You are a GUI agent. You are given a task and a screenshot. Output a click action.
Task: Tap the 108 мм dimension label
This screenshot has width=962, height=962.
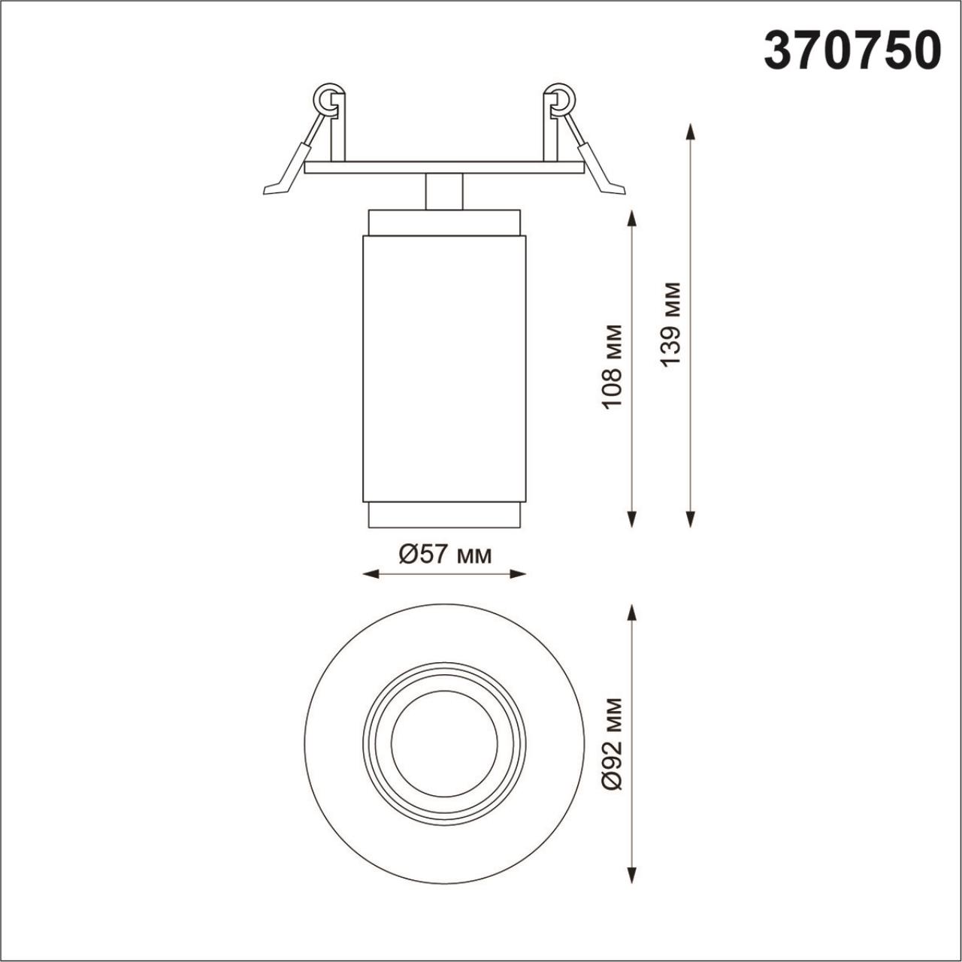[613, 366]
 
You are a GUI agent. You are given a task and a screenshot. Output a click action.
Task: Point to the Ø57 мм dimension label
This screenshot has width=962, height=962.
[444, 555]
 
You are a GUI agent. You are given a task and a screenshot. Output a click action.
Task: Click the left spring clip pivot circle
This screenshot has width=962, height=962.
[327, 97]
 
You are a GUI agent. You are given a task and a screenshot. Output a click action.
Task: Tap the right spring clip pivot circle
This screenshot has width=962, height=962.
[561, 97]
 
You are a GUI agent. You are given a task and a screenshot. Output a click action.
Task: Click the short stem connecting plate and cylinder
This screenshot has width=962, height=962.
[443, 192]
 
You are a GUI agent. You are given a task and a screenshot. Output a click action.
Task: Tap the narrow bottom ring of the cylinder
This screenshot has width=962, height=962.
[443, 516]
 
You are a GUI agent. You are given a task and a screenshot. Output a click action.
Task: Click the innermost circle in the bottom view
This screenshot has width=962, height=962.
[444, 743]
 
